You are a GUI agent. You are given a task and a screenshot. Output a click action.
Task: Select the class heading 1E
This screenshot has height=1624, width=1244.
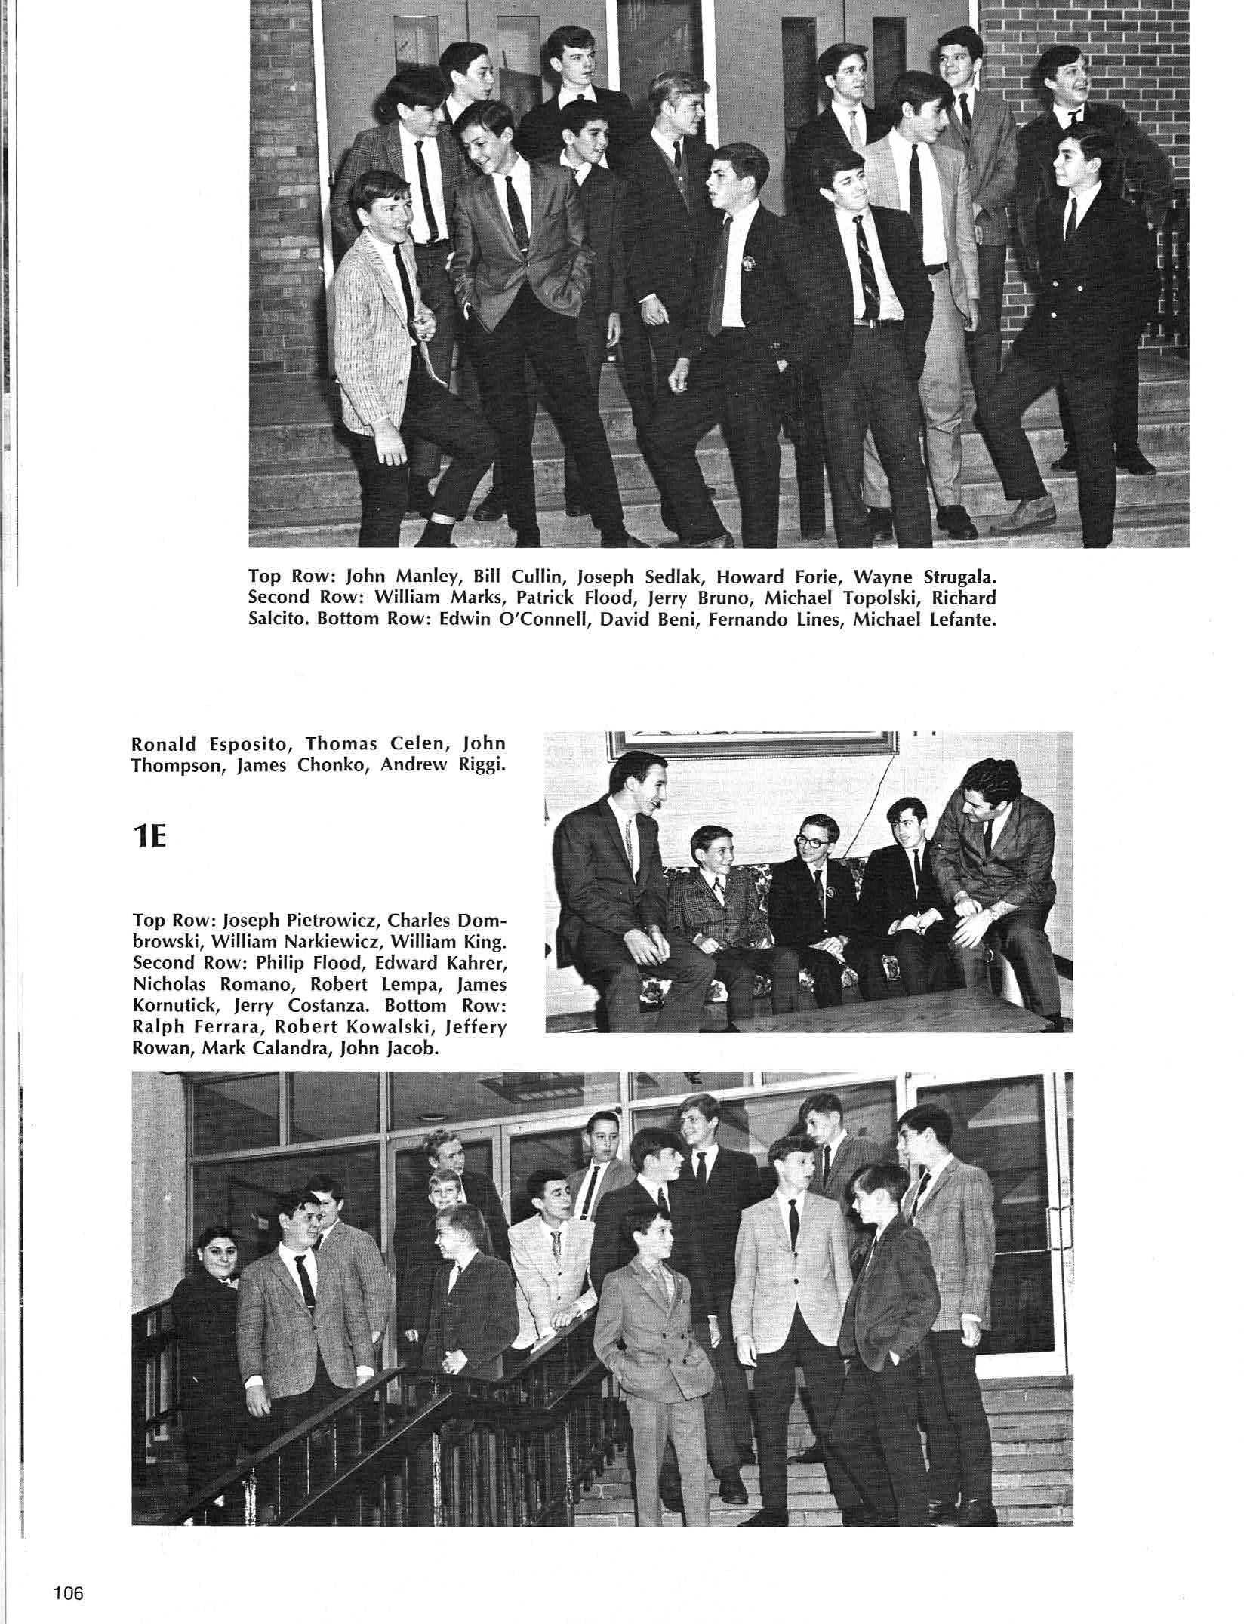[x=149, y=838]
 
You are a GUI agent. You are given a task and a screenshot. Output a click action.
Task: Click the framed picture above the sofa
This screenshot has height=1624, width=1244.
[x=753, y=743]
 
